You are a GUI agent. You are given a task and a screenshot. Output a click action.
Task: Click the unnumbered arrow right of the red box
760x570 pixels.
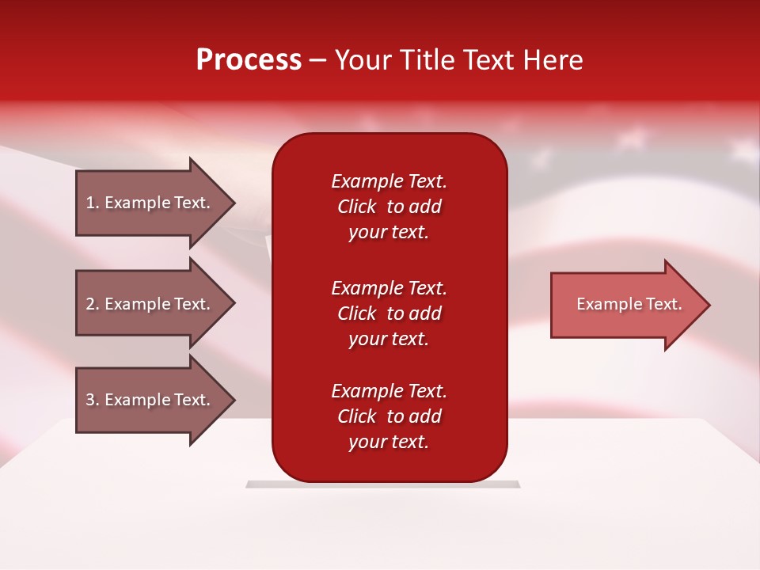(631, 304)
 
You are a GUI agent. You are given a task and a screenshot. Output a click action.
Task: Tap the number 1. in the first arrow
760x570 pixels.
(93, 203)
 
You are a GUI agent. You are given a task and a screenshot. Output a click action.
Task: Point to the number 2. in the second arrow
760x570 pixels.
(93, 304)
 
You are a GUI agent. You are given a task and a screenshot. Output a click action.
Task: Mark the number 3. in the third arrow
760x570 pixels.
(93, 400)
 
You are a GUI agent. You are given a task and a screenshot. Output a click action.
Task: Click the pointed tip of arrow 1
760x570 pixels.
(235, 203)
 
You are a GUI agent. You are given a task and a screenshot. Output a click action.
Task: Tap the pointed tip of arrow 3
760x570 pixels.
(235, 401)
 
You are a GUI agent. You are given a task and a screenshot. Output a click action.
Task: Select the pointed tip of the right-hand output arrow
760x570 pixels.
(710, 305)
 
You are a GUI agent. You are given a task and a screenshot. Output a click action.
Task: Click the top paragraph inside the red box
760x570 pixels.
(389, 207)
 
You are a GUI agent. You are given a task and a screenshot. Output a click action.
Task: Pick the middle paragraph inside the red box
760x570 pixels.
(389, 313)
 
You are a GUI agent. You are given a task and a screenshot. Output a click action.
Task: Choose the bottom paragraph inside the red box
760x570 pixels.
(389, 416)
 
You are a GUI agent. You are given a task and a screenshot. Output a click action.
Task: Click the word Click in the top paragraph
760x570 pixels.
(357, 207)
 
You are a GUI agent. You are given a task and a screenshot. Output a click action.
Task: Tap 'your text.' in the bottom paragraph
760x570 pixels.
(389, 442)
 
